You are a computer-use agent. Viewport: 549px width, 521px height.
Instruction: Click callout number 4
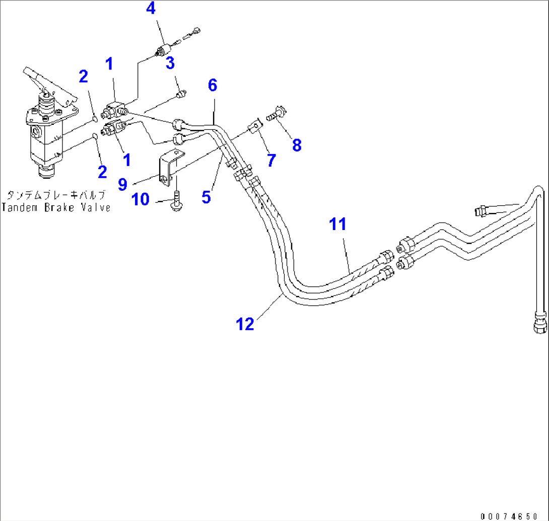pyautogui.click(x=151, y=9)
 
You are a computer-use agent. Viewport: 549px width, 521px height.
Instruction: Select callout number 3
pyautogui.click(x=170, y=63)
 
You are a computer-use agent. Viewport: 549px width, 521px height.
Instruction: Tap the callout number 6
pyautogui.click(x=213, y=86)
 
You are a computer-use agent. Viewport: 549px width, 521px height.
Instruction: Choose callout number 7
pyautogui.click(x=271, y=161)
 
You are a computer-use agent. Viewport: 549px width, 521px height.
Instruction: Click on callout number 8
pyautogui.click(x=297, y=145)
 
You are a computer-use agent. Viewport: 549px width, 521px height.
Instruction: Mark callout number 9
pyautogui.click(x=122, y=185)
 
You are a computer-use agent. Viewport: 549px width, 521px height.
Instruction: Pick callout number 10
pyautogui.click(x=141, y=199)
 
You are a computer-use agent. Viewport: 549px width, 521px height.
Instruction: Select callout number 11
pyautogui.click(x=337, y=224)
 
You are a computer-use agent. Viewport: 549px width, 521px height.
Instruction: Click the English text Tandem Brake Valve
pyautogui.click(x=55, y=207)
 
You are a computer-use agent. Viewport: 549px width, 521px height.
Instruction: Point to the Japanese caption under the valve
pyautogui.click(x=55, y=194)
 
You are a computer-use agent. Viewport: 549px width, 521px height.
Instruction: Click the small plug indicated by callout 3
pyautogui.click(x=182, y=95)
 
